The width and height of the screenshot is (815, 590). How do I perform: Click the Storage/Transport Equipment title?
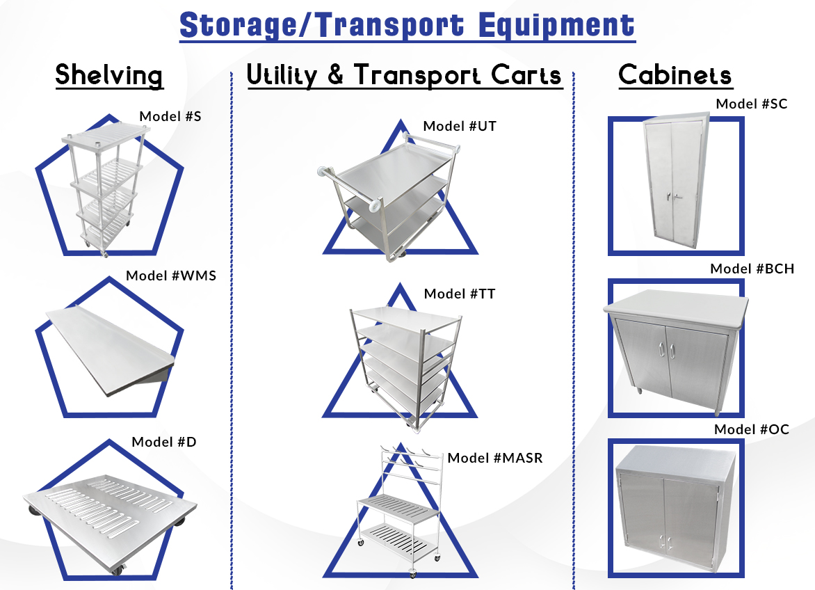407,25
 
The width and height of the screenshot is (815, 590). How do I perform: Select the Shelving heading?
109,75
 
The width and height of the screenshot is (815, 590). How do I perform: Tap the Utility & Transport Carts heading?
404,75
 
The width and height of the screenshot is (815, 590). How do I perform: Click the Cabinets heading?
675,75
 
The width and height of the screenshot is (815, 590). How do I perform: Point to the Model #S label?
170,116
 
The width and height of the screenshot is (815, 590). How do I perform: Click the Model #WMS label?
171,276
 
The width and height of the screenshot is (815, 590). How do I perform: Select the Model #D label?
164,442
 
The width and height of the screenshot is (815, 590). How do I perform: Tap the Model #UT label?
460,126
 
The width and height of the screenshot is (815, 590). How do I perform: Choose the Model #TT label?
460,294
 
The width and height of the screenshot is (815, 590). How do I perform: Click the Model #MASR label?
495,458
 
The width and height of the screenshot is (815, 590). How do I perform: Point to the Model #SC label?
751,104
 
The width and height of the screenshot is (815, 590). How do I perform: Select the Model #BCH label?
752,269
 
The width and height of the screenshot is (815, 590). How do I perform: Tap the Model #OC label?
752,429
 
